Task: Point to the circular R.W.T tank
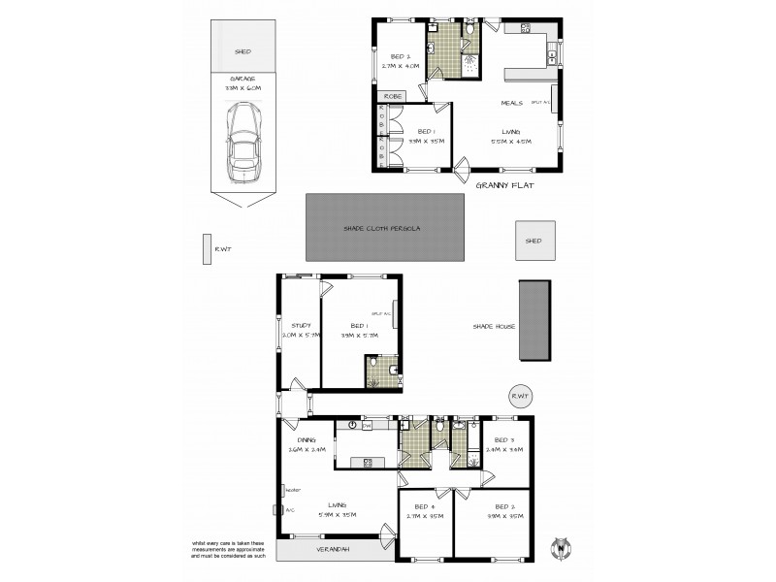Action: tap(522, 396)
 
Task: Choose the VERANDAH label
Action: tap(325, 550)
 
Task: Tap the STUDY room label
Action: tap(300, 325)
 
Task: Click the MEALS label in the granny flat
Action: tap(512, 103)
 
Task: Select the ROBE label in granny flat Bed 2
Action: tap(393, 96)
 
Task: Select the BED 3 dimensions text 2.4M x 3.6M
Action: tap(504, 449)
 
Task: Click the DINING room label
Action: tap(296, 438)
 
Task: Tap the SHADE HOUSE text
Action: tap(492, 326)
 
